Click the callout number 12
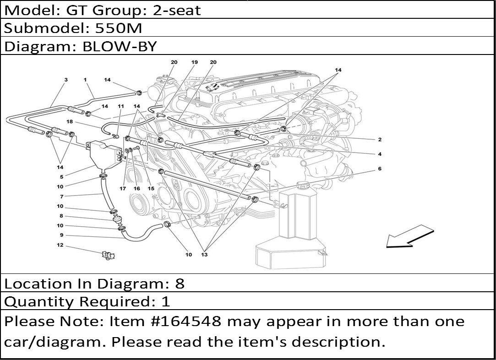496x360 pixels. click(x=60, y=245)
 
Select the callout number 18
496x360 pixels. click(x=70, y=122)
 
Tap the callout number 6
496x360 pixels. click(x=379, y=169)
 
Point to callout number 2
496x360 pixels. click(x=380, y=140)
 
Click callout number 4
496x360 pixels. click(x=380, y=154)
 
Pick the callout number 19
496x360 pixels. click(x=194, y=62)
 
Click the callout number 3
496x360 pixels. click(x=66, y=80)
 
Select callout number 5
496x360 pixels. click(x=61, y=177)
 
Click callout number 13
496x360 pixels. click(x=204, y=255)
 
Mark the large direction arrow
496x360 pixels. click(x=409, y=236)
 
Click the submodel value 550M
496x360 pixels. click(x=119, y=28)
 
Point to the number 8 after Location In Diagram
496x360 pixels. click(x=180, y=284)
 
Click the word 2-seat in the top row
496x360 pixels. click(x=177, y=10)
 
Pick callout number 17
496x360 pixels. click(x=123, y=188)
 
